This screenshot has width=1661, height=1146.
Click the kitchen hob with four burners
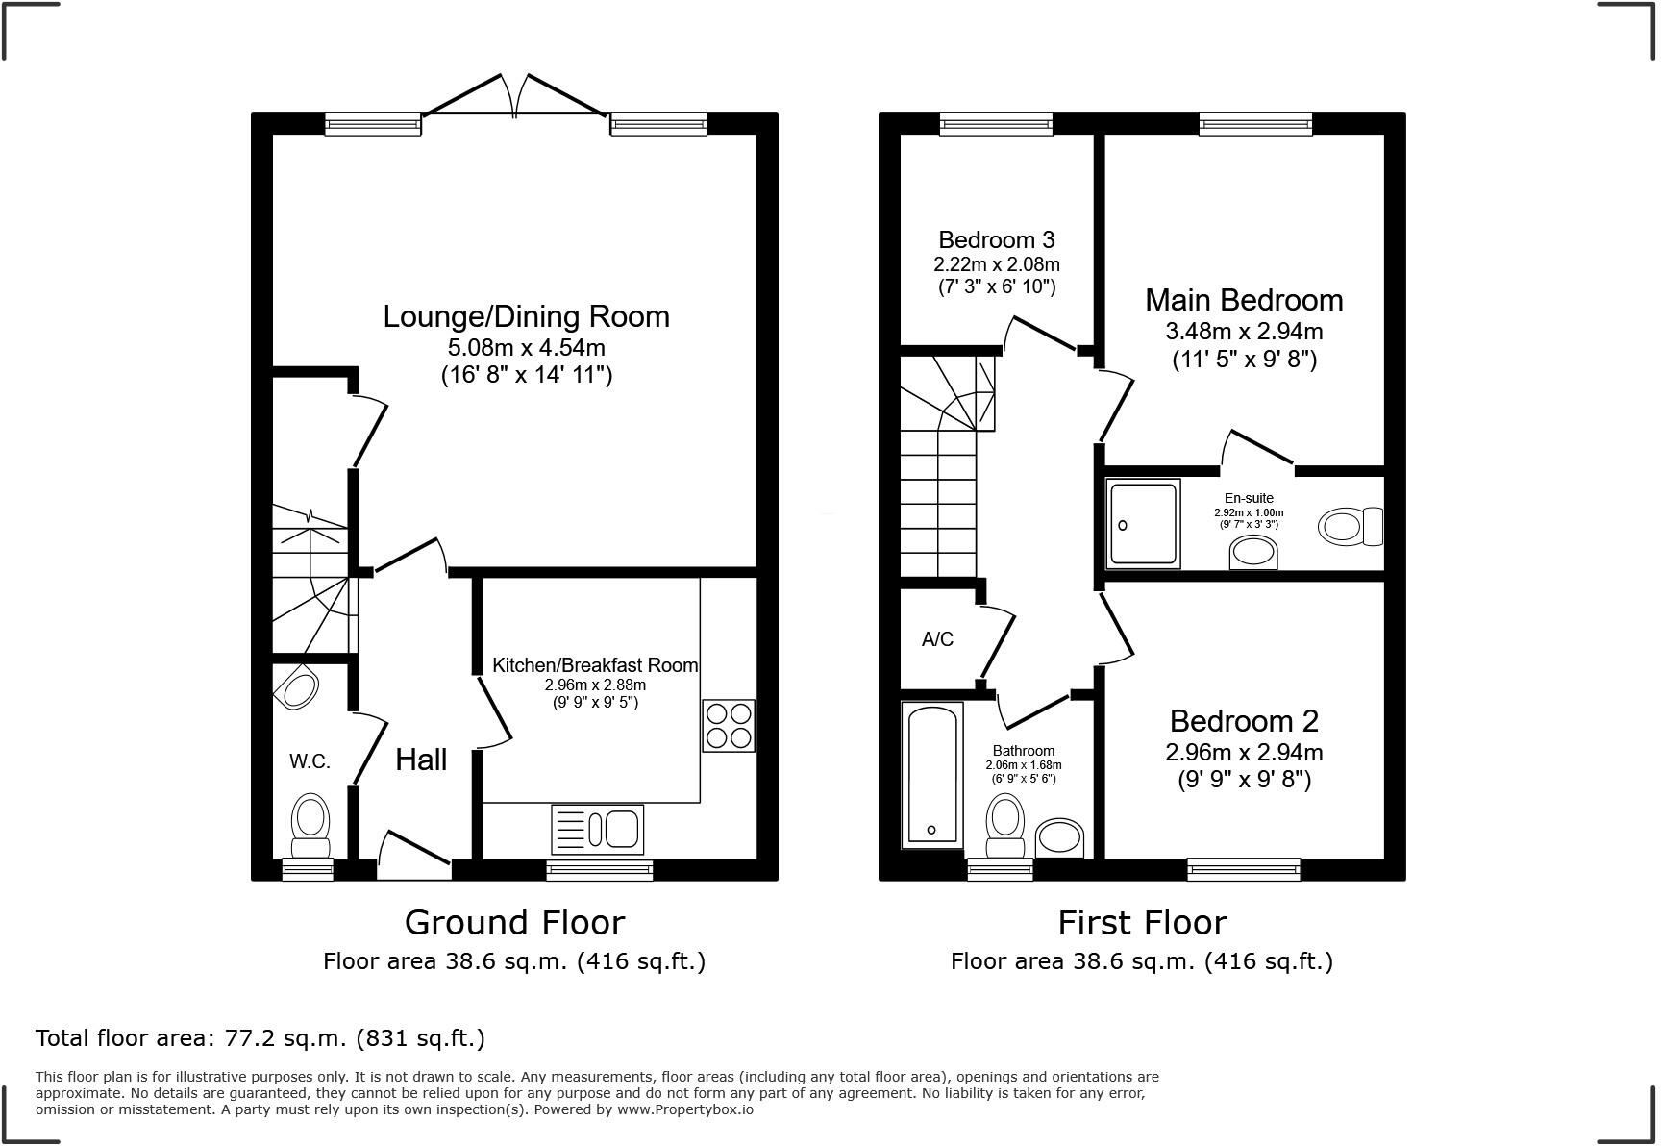point(729,726)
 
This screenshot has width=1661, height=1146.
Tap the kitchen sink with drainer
point(597,829)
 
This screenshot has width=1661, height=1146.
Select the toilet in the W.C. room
point(310,825)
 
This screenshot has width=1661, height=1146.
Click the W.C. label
point(310,761)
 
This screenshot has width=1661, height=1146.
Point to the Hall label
point(421,760)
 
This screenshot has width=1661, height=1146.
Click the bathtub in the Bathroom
point(931,775)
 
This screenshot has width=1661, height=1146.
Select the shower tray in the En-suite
point(1143,524)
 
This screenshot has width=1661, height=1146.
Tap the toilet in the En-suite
point(1350,526)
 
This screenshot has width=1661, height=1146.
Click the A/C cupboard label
point(937,639)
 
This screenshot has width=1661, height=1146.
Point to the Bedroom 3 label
point(997,239)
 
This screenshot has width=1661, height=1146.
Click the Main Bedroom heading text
point(1244,300)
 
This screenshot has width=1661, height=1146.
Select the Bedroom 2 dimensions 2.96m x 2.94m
point(1244,752)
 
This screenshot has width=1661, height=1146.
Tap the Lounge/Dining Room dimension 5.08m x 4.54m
point(526,347)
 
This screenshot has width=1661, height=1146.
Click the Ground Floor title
point(514,922)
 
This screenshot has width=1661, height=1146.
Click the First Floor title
point(1142,922)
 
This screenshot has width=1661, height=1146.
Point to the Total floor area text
point(260,1038)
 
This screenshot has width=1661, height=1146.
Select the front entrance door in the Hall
point(414,855)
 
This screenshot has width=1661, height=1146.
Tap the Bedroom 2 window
point(1244,869)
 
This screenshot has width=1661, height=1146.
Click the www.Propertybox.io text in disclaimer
point(684,1109)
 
